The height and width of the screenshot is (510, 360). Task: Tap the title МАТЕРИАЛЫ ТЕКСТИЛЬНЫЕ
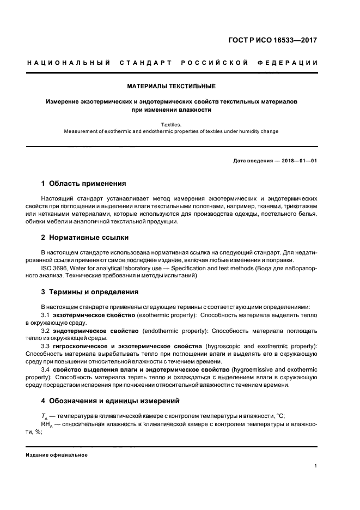[172, 86]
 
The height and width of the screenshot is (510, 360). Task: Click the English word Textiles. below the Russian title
[172, 124]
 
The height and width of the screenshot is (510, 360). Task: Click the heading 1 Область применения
[84, 184]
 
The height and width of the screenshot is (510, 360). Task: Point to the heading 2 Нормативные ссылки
[85, 238]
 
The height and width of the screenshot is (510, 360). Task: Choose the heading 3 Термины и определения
[90, 292]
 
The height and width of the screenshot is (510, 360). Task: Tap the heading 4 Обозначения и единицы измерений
[110, 400]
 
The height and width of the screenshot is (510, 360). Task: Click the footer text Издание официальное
[57, 455]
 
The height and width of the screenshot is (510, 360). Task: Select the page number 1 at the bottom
[316, 466]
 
